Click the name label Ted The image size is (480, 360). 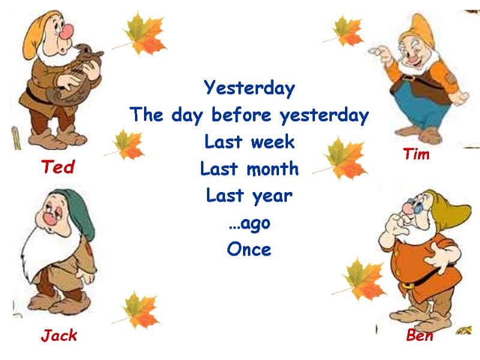coord(58,167)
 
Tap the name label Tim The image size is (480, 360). coord(416,154)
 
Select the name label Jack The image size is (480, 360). coord(59,335)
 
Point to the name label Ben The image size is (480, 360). coord(419,335)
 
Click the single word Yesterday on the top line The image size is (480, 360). coord(250,88)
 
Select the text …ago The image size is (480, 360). coord(250,223)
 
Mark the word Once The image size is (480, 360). coord(249,249)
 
